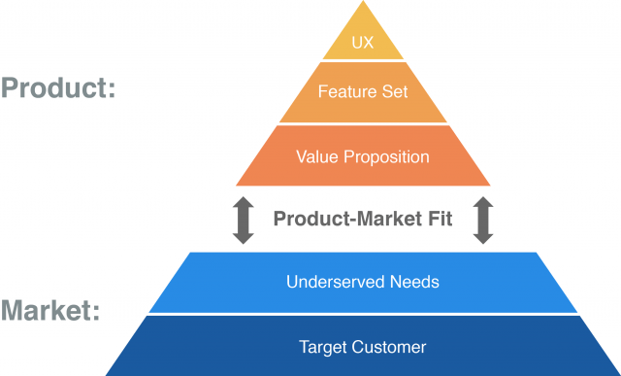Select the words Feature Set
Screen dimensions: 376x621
point(363,92)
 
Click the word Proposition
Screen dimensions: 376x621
point(384,156)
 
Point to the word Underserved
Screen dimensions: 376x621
point(328,283)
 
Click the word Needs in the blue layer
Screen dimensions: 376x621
point(415,283)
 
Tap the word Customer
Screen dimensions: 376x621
point(389,347)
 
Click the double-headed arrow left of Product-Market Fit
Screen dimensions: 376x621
point(244,220)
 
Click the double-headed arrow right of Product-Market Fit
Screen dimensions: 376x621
point(482,220)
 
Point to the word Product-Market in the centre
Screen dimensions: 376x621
point(344,220)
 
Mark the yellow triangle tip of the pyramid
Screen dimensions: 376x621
point(362,19)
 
